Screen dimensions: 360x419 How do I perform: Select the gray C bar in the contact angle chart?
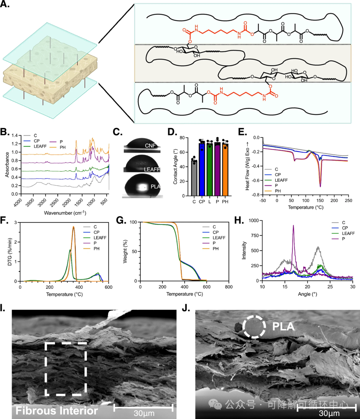pos(194,179)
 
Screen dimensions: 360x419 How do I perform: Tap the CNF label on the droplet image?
pos(150,146)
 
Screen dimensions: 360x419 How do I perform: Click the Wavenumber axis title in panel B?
pos(65,213)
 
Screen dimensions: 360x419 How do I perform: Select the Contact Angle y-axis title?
pos(175,167)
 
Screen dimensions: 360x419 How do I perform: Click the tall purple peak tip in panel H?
pos(293,225)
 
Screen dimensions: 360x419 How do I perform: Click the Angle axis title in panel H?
pos(307,294)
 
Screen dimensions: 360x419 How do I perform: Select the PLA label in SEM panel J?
pos(283,327)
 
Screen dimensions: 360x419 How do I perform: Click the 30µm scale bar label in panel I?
pos(144,413)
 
